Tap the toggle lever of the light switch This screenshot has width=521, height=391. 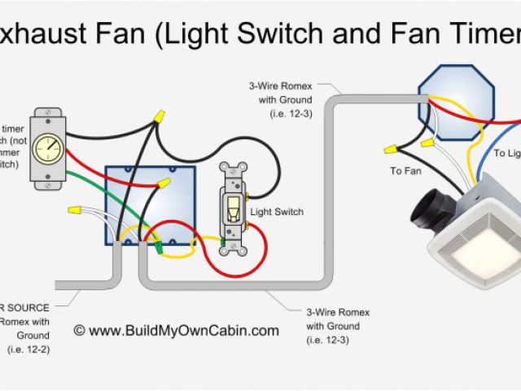click(234, 208)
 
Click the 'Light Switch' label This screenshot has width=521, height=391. click(277, 213)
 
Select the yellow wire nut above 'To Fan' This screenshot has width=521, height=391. click(391, 150)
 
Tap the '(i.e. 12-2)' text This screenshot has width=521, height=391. click(28, 349)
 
